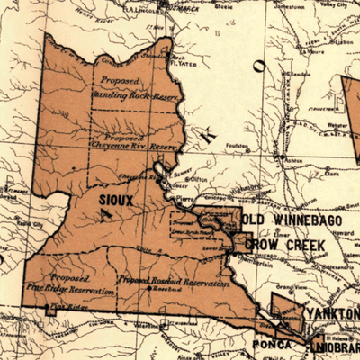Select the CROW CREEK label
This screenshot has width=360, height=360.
pos(286,244)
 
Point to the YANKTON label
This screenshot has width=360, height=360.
pos(331,312)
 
